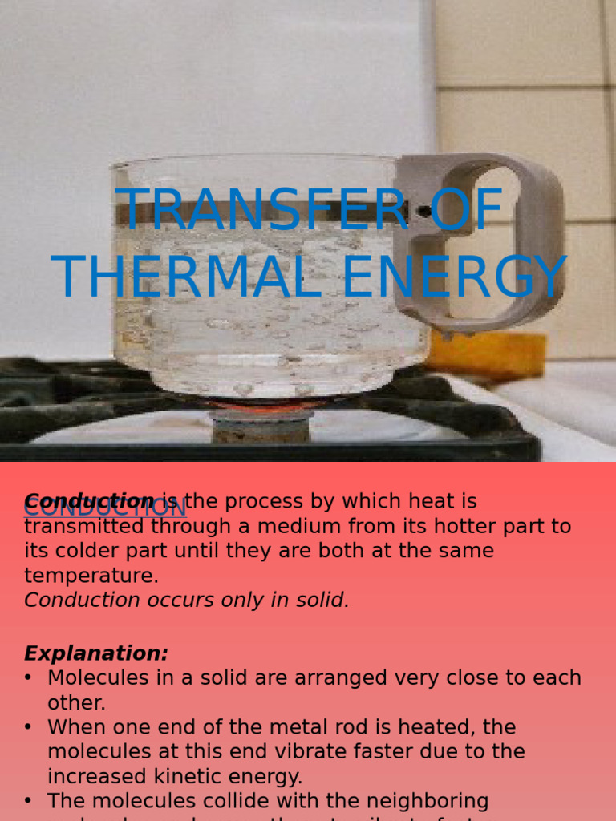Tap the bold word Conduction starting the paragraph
tap(88, 502)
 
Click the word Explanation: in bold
tap(96, 653)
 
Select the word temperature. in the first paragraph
tap(91, 576)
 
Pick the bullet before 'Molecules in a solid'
tap(29, 678)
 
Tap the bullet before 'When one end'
tap(29, 728)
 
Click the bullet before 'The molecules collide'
tap(29, 801)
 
